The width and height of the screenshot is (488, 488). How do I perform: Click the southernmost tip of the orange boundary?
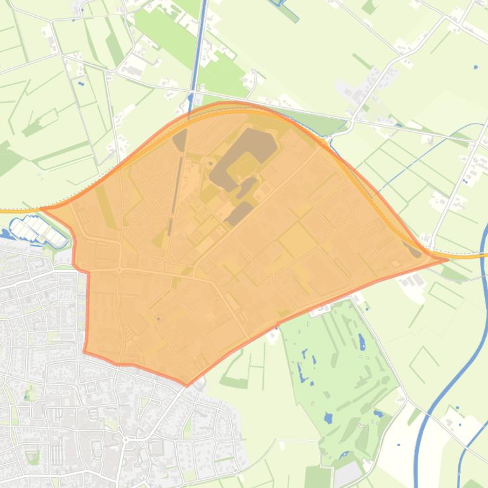[x=186, y=385]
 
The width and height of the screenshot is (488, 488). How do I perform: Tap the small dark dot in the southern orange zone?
[x=158, y=319]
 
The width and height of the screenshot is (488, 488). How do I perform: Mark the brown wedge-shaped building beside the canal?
[x=180, y=140]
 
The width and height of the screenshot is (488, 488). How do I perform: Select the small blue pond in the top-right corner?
[x=475, y=67]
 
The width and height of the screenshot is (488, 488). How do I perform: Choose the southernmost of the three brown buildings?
[x=238, y=214]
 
